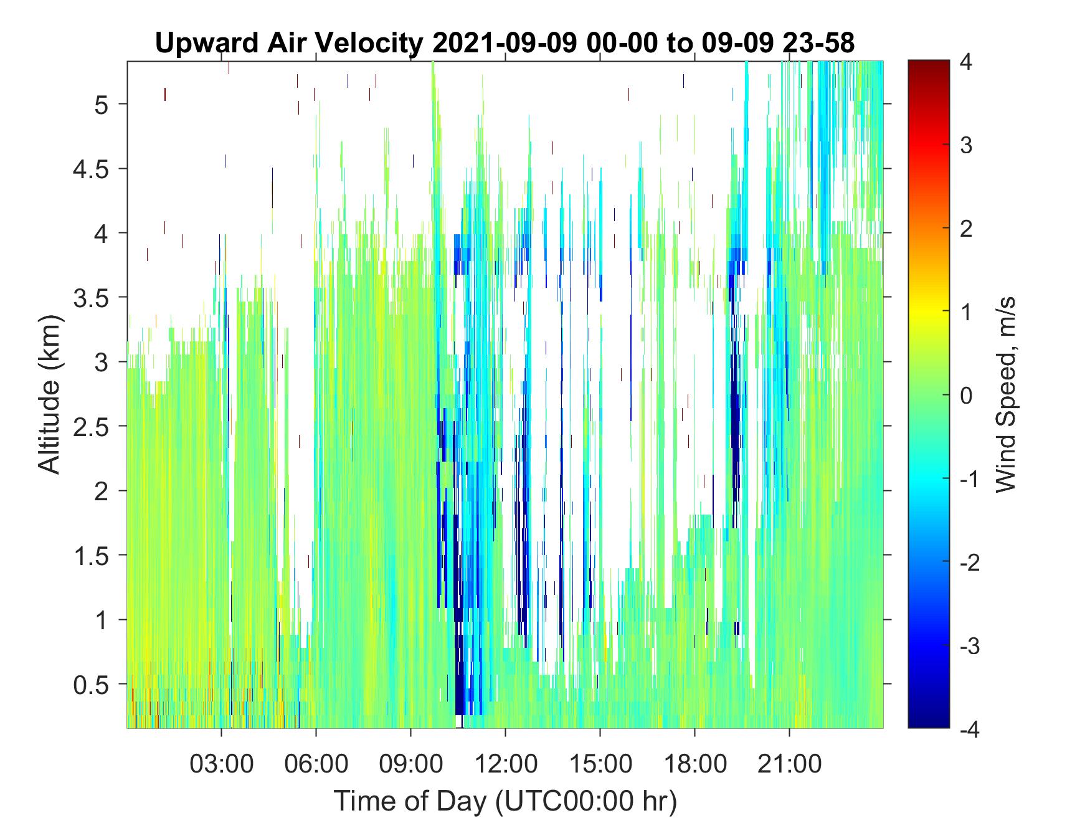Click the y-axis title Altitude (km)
pyautogui.click(x=51, y=394)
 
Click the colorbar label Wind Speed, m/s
pyautogui.click(x=1005, y=394)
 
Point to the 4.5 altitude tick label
pyautogui.click(x=92, y=168)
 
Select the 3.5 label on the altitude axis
pyautogui.click(x=92, y=297)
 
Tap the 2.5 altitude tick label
pyautogui.click(x=92, y=426)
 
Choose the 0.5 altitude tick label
pyautogui.click(x=92, y=685)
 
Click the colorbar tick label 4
pyautogui.click(x=967, y=62)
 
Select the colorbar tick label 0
pyautogui.click(x=967, y=396)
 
